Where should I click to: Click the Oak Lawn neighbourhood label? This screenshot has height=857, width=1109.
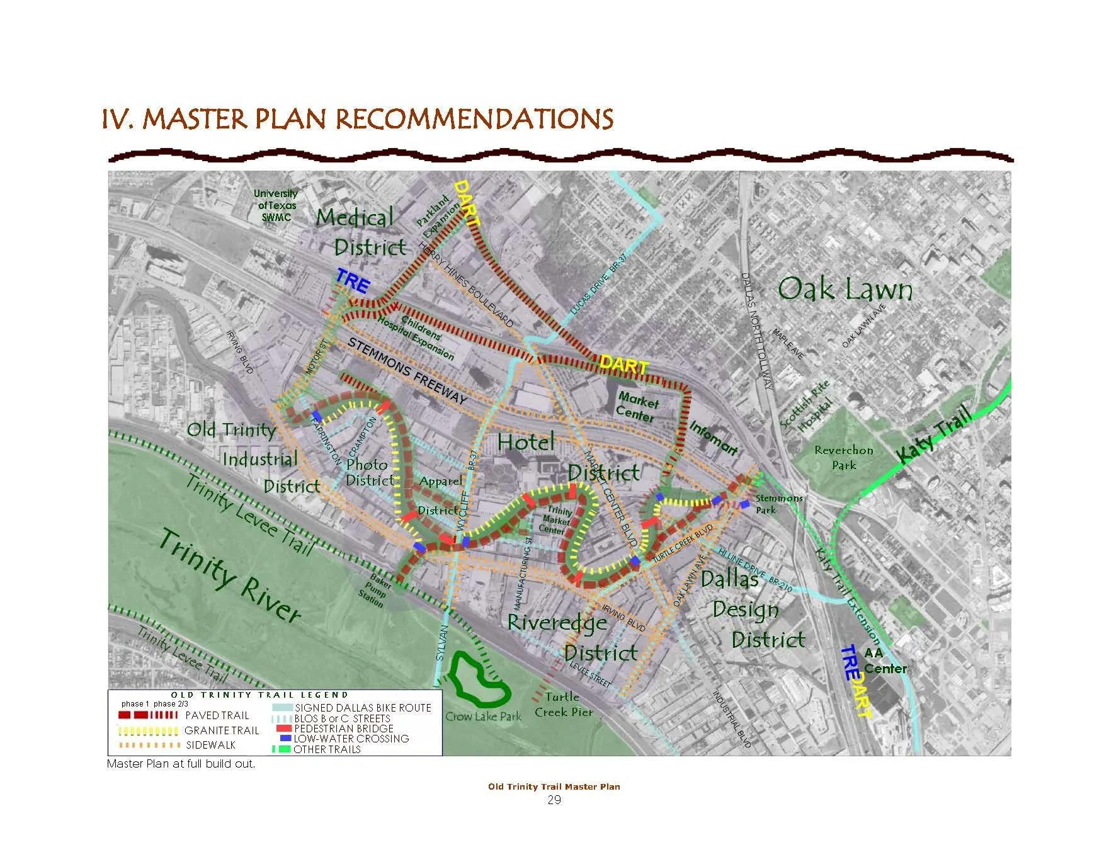845,289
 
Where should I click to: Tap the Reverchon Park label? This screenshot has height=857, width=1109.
844,458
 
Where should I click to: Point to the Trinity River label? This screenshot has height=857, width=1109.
230,576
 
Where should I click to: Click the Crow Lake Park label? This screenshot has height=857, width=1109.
483,717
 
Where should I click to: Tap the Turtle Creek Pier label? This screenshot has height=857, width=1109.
564,705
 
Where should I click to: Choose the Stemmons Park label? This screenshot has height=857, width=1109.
778,504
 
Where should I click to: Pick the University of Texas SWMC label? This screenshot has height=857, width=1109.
276,205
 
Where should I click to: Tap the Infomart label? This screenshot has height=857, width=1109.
714,438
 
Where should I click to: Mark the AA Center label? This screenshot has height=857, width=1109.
884,661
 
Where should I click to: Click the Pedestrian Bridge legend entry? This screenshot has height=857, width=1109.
343,729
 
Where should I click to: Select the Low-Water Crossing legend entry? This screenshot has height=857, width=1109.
351,739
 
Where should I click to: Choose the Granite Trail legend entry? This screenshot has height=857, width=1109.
221,730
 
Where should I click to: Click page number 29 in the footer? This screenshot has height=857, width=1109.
554,800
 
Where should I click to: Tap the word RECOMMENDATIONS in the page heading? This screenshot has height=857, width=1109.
473,119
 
